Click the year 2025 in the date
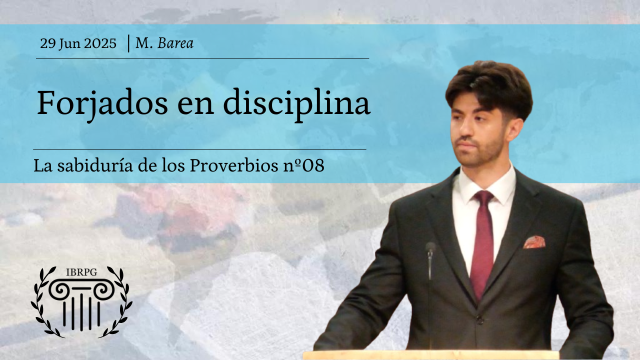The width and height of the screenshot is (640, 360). [x=100, y=43]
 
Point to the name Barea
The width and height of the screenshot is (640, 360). [x=175, y=43]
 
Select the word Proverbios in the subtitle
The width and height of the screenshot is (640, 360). [x=234, y=165]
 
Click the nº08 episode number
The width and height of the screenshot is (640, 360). [x=303, y=165]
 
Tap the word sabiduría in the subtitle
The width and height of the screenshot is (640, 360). [x=95, y=165]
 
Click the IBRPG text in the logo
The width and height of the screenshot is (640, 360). [x=81, y=272]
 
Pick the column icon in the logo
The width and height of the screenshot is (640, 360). [x=81, y=304]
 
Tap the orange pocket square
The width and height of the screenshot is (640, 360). [x=534, y=242]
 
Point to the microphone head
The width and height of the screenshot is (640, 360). [x=430, y=247]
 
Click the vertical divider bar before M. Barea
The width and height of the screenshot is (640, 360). [x=128, y=43]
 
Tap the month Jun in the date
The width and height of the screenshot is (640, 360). [x=69, y=43]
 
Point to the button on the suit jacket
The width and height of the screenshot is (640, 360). [x=479, y=321]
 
